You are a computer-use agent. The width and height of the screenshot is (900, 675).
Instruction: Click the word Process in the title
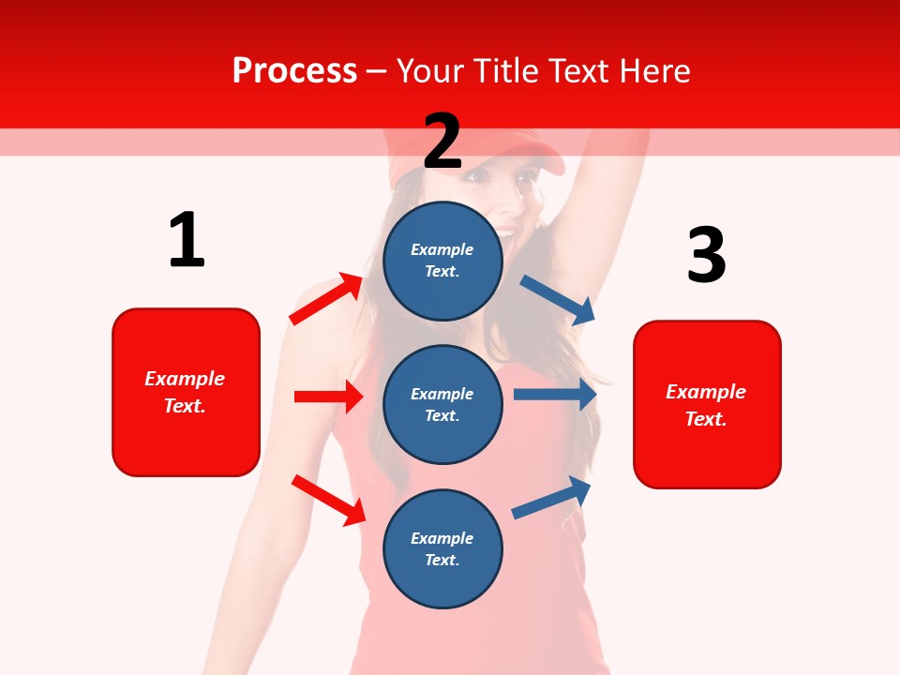point(294,71)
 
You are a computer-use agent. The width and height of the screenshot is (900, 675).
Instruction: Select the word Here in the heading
point(652,71)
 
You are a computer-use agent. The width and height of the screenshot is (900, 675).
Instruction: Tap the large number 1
point(187,240)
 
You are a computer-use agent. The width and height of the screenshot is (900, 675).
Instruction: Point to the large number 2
point(442,141)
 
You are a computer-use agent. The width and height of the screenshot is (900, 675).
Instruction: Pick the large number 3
point(706,255)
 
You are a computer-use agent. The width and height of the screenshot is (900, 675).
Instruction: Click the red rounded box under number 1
point(186,392)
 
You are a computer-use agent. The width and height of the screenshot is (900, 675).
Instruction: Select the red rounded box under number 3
point(707,404)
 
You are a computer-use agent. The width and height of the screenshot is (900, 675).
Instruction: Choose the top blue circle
point(442,261)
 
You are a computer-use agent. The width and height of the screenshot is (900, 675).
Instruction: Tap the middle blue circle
point(442,404)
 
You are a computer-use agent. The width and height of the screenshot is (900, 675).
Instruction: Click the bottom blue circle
point(442,548)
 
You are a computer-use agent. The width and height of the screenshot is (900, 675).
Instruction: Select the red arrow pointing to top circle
point(326,299)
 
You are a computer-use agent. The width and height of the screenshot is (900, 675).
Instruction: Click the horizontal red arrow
point(328,397)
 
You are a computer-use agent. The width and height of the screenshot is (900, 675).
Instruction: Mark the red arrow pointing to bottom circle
point(328,500)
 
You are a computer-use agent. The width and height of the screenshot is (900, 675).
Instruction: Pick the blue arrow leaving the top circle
point(558,299)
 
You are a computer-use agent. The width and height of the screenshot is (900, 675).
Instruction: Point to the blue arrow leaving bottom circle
point(551,498)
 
